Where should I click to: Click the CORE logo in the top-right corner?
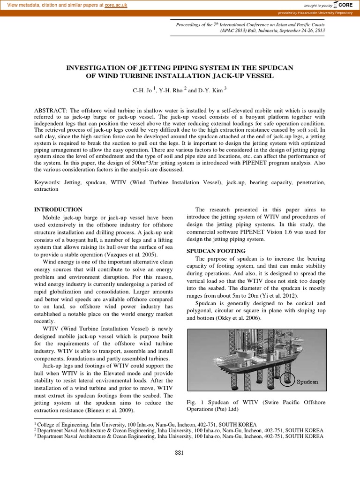click(346, 5)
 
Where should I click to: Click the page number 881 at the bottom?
click(180, 452)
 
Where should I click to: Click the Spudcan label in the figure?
click(307, 382)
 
